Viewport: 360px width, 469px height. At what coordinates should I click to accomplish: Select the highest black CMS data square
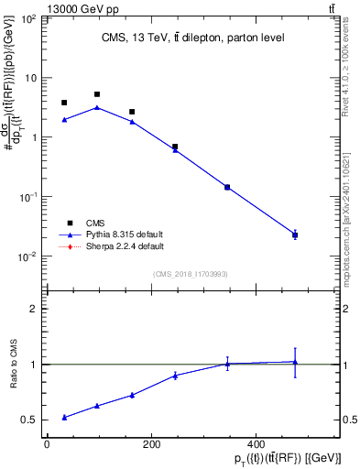click(x=97, y=94)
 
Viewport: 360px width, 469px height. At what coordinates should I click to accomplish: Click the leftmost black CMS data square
click(x=64, y=103)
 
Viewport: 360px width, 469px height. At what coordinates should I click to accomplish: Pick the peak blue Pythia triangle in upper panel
click(x=97, y=107)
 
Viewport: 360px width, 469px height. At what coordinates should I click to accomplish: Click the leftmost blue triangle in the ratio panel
click(x=64, y=417)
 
